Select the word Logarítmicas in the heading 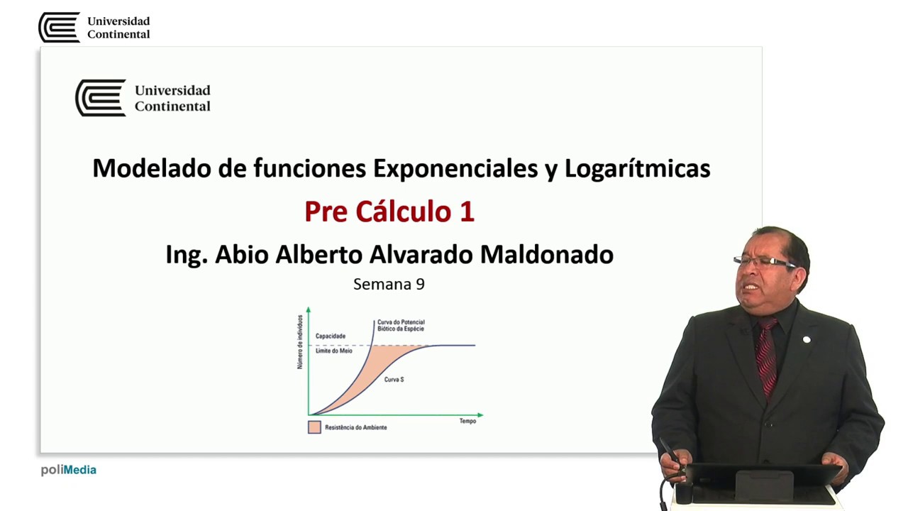637,169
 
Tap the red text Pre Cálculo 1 389,211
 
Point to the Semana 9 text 389,285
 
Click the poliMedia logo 68,470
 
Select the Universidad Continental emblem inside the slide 100,98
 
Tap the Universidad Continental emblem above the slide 59,28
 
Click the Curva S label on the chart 394,380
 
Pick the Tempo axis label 467,422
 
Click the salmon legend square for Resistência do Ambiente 314,427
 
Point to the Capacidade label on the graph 330,336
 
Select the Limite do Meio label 333,351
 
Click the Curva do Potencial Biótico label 401,326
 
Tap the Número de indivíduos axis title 300,343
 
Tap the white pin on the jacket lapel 807,340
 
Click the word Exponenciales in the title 465,169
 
